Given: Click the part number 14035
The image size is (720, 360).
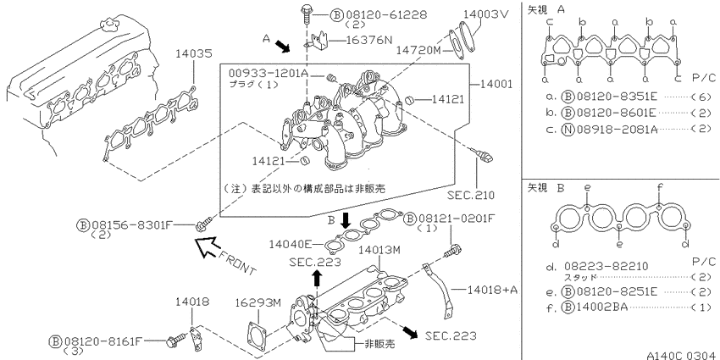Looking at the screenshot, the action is tap(193, 53).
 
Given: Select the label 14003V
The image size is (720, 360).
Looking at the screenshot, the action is tap(486, 14).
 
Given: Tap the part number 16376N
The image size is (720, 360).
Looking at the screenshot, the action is tap(369, 40).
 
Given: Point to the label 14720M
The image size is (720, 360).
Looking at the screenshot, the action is tap(418, 50).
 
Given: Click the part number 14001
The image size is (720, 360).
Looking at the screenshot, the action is tap(496, 84).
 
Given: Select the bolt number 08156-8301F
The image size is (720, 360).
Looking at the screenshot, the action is tap(131, 225).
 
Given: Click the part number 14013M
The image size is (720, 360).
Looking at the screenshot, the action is tap(379, 250).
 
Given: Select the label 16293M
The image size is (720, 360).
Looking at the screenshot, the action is tap(258, 303).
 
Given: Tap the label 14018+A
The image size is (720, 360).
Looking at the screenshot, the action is tap(493, 290).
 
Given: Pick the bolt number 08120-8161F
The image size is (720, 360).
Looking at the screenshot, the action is tap(102, 341).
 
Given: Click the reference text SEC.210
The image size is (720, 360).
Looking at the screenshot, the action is tap(471, 195).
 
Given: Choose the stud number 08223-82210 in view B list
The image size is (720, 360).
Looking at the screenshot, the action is tap(606, 266).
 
